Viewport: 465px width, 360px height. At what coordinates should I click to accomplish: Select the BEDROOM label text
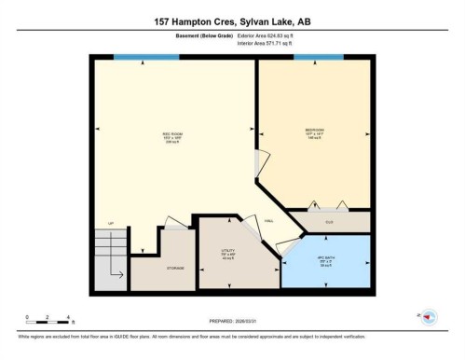tap(314, 130)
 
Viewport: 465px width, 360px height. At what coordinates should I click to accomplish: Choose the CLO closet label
tap(328, 222)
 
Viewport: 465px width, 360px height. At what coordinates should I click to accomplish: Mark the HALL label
tap(267, 221)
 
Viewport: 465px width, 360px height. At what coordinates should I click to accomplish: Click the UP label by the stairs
tap(111, 224)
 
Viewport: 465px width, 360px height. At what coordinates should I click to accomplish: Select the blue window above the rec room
tap(146, 57)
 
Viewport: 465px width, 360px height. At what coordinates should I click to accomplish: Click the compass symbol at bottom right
tap(430, 317)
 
